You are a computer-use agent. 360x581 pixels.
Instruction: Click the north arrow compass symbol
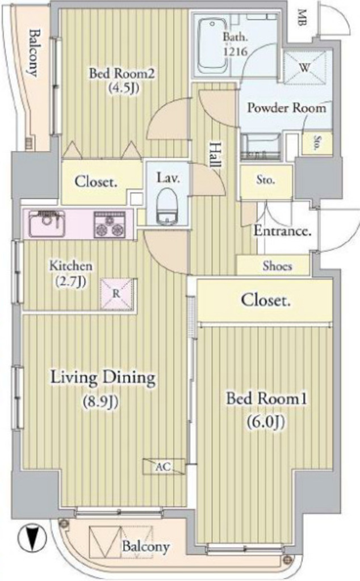tap(32, 538)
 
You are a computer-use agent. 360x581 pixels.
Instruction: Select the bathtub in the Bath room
tap(212, 45)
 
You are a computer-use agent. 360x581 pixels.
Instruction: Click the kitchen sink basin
tap(47, 224)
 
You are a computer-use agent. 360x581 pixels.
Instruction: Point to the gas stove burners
tap(110, 225)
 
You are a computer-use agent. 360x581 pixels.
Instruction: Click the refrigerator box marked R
tap(116, 294)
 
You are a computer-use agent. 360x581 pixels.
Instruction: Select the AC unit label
tap(164, 466)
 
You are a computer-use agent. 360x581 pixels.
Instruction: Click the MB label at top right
tap(302, 18)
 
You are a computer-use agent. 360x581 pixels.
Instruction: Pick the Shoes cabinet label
tap(277, 266)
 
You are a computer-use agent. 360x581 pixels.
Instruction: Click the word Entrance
tap(282, 231)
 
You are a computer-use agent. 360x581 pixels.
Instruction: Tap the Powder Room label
tap(287, 108)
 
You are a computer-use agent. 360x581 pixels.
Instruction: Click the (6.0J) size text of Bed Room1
tap(266, 422)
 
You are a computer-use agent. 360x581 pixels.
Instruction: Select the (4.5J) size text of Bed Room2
tap(123, 89)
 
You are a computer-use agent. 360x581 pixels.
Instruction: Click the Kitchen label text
tap(71, 266)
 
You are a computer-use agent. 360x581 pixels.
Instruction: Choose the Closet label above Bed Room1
tap(266, 300)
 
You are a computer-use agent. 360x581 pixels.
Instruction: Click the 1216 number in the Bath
tap(235, 51)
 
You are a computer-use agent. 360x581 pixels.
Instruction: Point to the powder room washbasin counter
tap(260, 147)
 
